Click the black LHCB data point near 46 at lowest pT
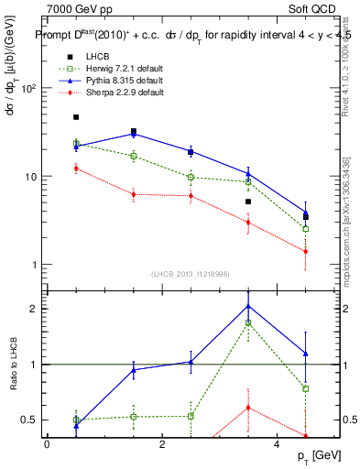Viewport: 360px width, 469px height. point(76,117)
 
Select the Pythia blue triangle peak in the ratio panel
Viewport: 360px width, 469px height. point(248,306)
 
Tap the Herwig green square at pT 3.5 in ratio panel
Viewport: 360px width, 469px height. point(248,323)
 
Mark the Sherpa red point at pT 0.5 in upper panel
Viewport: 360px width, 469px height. point(76,168)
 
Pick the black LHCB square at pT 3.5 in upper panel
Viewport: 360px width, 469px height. point(248,202)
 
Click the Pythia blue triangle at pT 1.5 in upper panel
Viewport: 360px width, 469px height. point(134,134)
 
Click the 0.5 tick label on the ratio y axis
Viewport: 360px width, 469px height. point(27,420)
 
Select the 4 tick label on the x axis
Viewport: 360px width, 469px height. point(278,444)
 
